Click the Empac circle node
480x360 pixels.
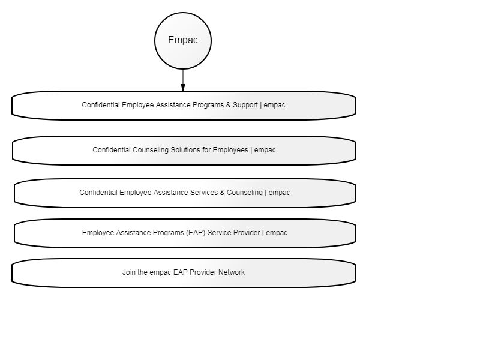(183, 41)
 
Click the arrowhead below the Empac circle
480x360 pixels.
(183, 88)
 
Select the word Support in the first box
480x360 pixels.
(245, 105)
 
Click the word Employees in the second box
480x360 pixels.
(230, 150)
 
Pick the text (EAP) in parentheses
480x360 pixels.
(196, 233)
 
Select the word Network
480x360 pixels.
(231, 272)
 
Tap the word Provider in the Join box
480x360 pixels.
(203, 272)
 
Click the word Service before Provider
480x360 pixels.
(218, 233)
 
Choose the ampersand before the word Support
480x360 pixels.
(229, 105)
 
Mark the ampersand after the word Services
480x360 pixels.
(222, 193)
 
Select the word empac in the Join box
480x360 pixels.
(160, 272)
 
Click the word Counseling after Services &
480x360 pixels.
(245, 193)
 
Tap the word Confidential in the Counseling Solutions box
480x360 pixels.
(112, 150)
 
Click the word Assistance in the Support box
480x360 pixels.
(173, 105)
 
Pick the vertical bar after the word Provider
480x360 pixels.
(263, 233)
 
